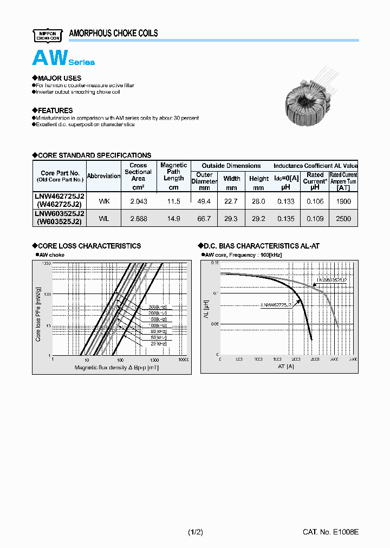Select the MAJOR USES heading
(57, 78)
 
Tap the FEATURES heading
(53, 110)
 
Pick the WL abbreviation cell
(104, 218)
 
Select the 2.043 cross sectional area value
(138, 201)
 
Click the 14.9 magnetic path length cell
(173, 218)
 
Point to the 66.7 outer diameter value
(204, 218)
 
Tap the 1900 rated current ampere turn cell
(343, 201)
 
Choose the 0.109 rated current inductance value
(315, 218)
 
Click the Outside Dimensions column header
(231, 166)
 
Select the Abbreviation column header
(103, 176)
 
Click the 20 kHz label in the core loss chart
(158, 343)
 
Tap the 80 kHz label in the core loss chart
(158, 331)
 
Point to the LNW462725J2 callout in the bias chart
(276, 305)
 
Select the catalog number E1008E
(330, 532)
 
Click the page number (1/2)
(196, 532)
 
